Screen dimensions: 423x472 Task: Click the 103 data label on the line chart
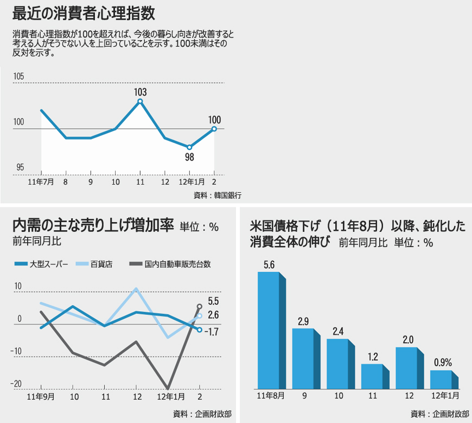[x=141, y=92]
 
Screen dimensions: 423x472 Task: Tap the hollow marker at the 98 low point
[x=189, y=147]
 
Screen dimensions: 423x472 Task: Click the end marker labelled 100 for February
[x=214, y=129]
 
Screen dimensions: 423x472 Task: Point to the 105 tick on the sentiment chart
[x=18, y=76]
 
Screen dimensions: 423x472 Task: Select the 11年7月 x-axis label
[x=41, y=182]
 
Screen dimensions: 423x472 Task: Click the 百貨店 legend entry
[x=94, y=264]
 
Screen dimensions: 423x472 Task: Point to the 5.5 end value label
[x=213, y=301]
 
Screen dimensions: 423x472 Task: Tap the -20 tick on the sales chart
[x=16, y=384]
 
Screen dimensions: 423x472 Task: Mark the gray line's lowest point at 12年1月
[x=168, y=389]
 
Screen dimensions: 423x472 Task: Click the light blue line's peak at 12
[x=136, y=288]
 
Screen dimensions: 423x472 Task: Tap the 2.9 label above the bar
[x=303, y=321]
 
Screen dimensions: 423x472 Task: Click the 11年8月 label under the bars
[x=270, y=396]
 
